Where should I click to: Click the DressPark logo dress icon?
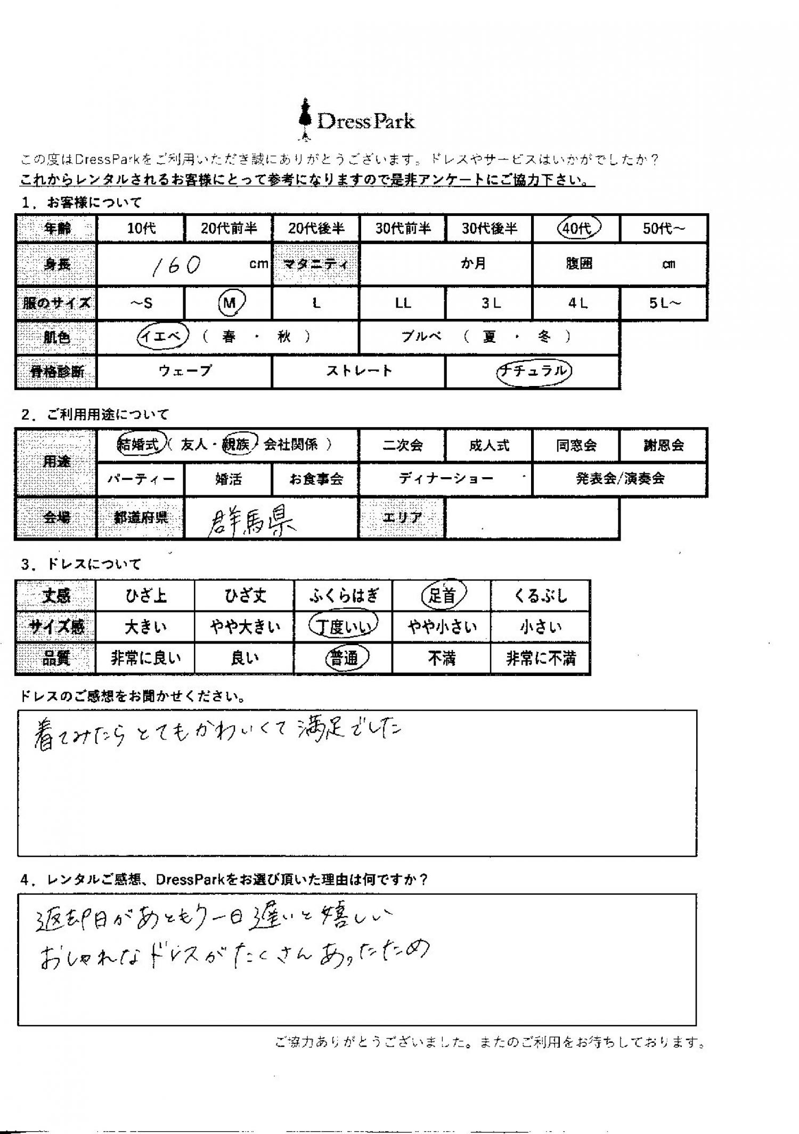pos(305,120)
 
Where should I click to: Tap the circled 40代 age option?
pos(578,228)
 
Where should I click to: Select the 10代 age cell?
pos(141,229)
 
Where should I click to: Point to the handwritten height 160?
pos(176,265)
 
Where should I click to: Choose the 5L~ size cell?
pos(664,303)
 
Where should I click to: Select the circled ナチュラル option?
pos(533,371)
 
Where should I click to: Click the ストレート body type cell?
pos(358,371)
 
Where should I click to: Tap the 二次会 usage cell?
pos(402,445)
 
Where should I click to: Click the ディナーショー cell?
pos(446,479)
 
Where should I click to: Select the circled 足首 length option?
pos(443,595)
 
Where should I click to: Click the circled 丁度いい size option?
pos(344,627)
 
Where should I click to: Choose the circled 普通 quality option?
pos(345,659)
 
